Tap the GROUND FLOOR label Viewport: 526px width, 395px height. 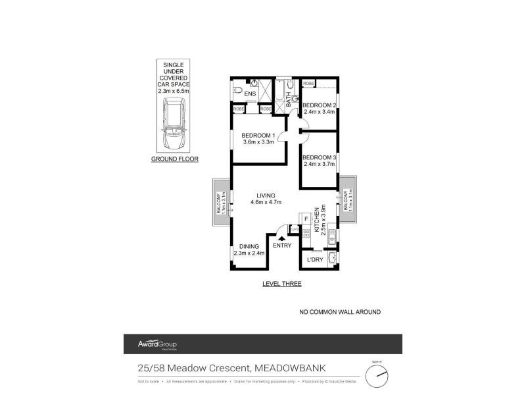[x=174, y=159]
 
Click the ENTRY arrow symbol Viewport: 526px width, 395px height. [x=282, y=240]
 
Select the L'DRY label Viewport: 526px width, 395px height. [x=314, y=260]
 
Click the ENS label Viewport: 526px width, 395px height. [x=250, y=94]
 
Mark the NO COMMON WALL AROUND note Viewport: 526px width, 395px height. [x=339, y=312]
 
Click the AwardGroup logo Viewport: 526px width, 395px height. [x=157, y=344]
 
